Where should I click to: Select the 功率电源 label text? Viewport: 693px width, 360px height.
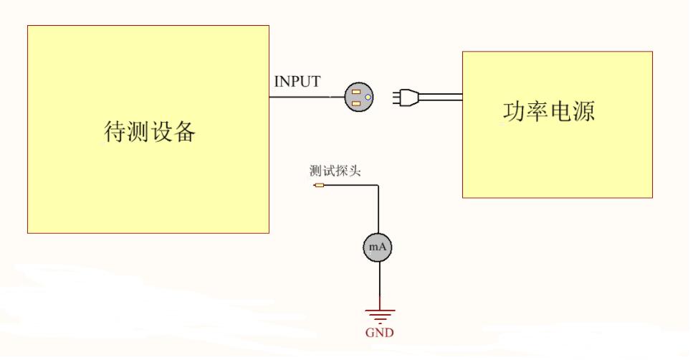pyautogui.click(x=548, y=111)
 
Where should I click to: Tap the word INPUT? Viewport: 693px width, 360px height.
pyautogui.click(x=297, y=82)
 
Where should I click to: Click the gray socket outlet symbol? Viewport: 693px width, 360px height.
pyautogui.click(x=359, y=97)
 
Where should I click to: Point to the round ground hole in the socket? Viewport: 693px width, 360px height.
pyautogui.click(x=368, y=98)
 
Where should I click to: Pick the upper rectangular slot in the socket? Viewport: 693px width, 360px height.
pyautogui.click(x=355, y=91)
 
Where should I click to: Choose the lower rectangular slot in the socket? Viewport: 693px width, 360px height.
pyautogui.click(x=355, y=103)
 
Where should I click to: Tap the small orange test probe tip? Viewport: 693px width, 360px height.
pyautogui.click(x=319, y=185)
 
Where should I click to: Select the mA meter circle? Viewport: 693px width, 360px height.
pyautogui.click(x=378, y=247)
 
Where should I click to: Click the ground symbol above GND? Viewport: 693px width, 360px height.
pyautogui.click(x=379, y=313)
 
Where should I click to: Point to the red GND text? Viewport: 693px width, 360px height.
pyautogui.click(x=379, y=333)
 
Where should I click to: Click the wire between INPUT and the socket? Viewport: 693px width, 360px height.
pyautogui.click(x=308, y=97)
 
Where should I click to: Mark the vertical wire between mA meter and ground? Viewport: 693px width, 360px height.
pyautogui.click(x=378, y=283)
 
